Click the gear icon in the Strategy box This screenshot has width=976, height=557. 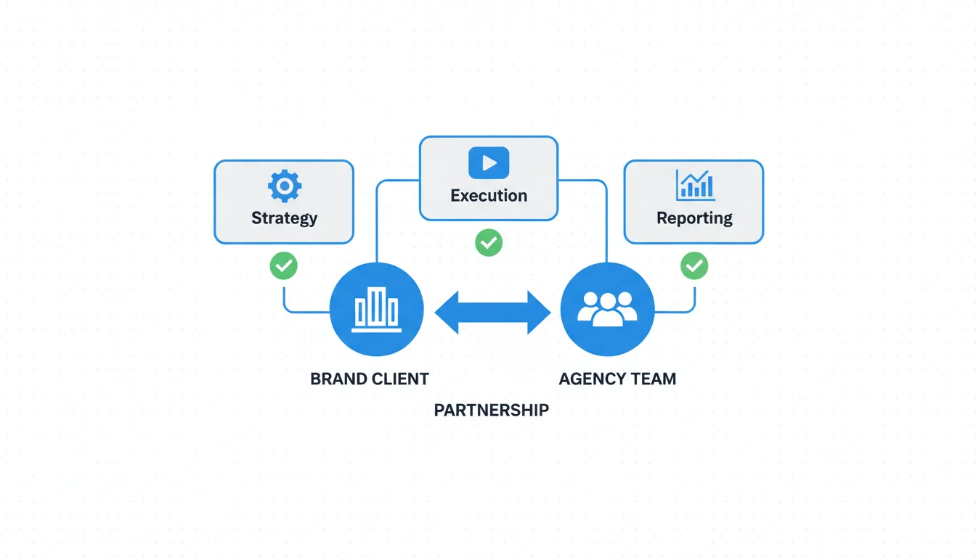(284, 186)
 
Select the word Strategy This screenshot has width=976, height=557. (284, 218)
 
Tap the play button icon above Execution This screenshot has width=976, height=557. (489, 162)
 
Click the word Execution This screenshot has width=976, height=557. (489, 195)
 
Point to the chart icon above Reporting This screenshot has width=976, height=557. (695, 185)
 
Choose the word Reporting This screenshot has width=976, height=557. (694, 218)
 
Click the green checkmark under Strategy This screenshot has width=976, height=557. (283, 265)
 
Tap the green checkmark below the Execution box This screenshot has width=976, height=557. (489, 242)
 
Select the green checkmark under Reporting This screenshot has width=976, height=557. (694, 265)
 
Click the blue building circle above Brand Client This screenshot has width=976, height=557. (376, 310)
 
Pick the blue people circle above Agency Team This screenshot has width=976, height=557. (607, 310)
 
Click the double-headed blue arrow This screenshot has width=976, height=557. (492, 312)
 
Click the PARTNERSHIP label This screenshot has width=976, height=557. (491, 410)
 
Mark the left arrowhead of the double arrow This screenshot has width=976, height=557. (447, 312)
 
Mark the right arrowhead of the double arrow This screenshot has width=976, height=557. (539, 312)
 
